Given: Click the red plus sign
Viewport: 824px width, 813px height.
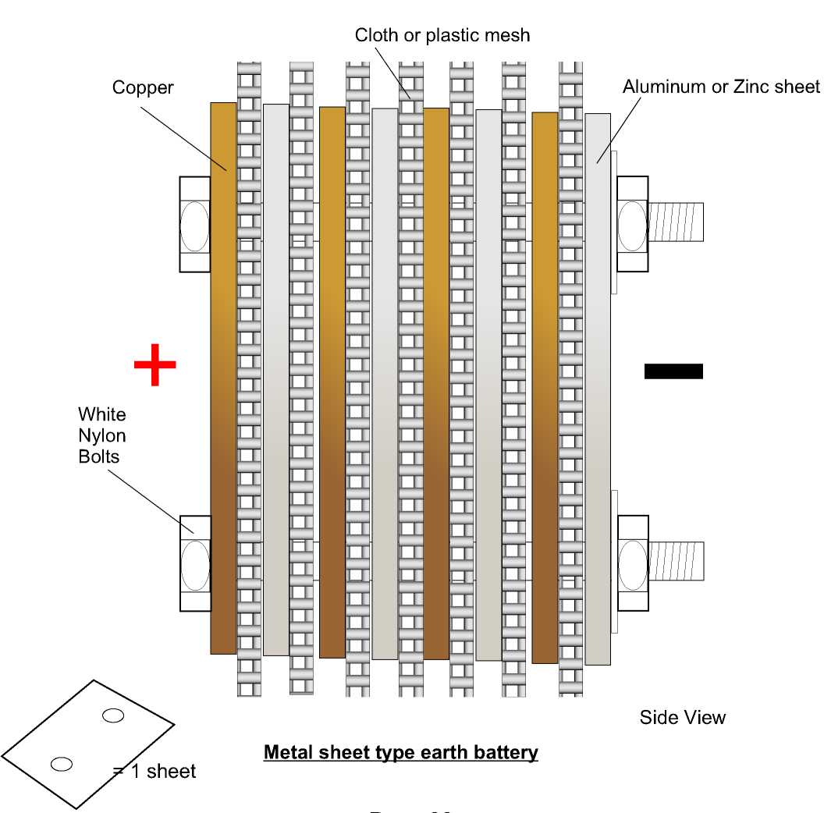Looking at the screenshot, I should click(154, 364).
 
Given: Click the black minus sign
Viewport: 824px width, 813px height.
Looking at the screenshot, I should click(673, 371).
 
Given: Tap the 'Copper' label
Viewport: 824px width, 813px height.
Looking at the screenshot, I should click(143, 87).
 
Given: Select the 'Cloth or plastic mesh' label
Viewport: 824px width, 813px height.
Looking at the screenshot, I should click(442, 35).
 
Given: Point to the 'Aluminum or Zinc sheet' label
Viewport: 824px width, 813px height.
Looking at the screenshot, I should click(721, 87).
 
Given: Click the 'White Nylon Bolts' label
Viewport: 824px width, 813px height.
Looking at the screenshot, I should click(101, 435).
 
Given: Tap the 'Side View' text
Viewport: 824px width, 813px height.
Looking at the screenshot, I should click(682, 717).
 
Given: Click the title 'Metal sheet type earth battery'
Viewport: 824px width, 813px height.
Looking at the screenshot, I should click(400, 752).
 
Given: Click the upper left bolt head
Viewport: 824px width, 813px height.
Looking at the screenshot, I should click(194, 225).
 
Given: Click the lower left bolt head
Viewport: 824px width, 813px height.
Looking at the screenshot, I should click(194, 563).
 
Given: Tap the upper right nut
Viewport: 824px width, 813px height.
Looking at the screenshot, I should click(632, 225).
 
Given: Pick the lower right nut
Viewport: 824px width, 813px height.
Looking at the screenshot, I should click(633, 563).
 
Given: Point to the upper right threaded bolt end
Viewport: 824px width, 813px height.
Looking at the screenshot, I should click(676, 222).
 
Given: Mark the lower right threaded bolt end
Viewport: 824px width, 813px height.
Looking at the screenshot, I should click(677, 561).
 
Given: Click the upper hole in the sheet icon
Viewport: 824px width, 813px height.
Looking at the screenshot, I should click(113, 715).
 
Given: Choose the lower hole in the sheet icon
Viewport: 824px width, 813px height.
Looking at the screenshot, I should click(62, 764).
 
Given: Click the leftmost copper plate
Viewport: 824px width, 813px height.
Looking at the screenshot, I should click(223, 378).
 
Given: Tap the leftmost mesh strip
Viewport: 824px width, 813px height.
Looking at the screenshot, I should click(249, 378).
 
